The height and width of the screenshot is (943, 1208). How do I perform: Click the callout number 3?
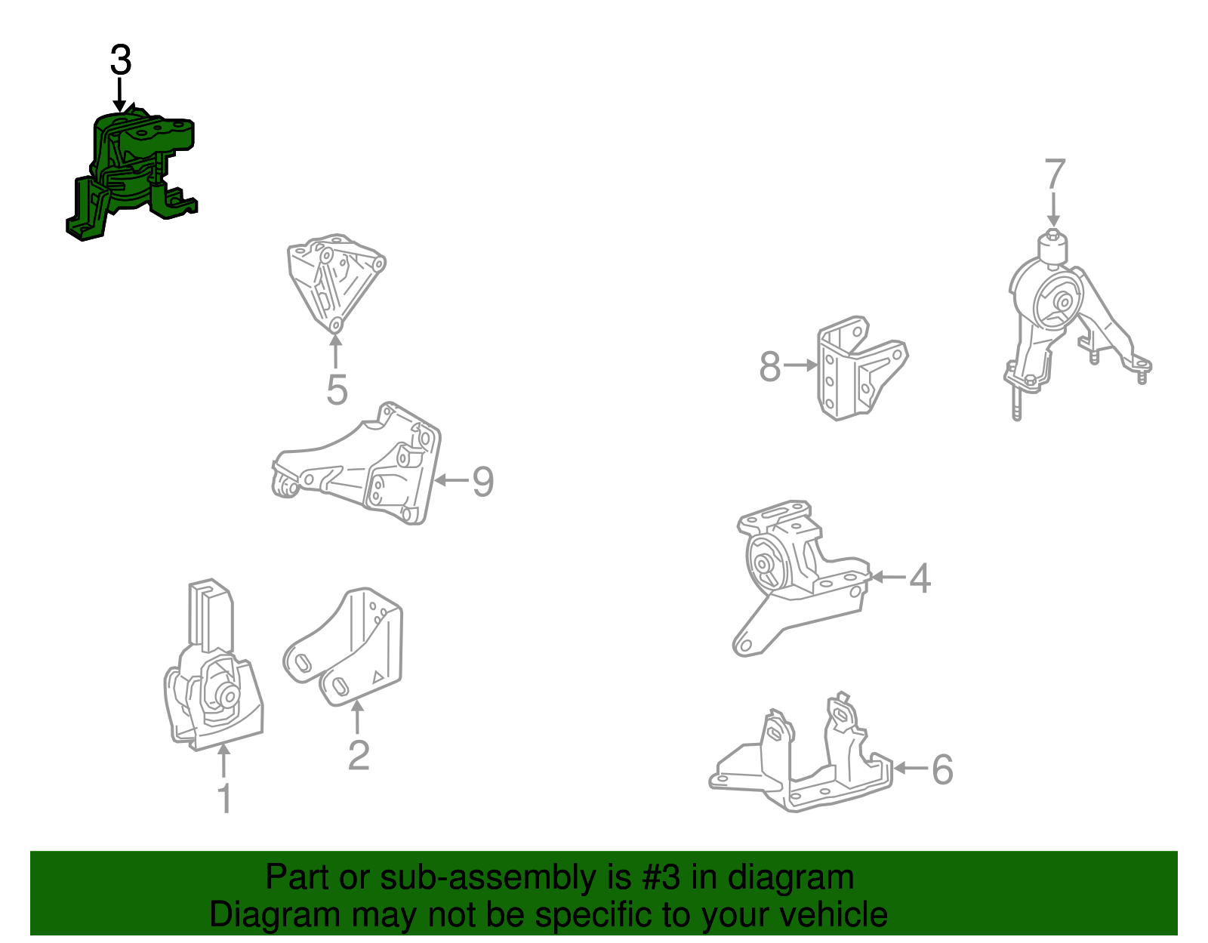coord(121,60)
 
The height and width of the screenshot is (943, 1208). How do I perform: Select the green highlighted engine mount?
coord(132,174)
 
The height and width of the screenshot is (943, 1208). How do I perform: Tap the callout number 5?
coord(337,390)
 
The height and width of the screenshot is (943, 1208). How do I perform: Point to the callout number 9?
coord(482,481)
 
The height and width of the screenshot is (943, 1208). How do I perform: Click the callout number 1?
coord(224,799)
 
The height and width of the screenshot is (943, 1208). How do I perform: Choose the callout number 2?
coord(359,754)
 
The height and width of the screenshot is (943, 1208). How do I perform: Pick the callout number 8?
coord(769,367)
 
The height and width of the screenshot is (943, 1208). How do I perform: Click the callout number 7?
coord(1055,174)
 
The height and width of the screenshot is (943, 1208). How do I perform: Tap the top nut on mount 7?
coord(1053,237)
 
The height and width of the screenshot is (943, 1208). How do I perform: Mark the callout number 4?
coord(920,578)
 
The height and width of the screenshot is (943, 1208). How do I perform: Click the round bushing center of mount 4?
coord(763,564)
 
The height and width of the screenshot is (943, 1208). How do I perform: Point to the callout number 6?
coord(942,769)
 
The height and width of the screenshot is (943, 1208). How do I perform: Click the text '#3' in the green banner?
coord(661,878)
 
